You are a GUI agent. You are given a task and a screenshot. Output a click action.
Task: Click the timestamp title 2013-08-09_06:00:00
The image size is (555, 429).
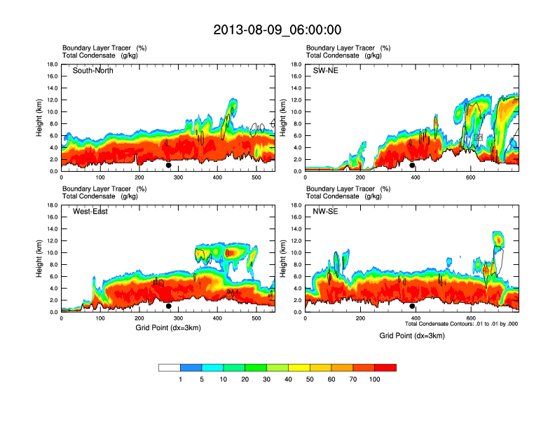point(277,29)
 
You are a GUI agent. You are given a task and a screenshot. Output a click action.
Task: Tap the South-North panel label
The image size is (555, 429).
point(93,71)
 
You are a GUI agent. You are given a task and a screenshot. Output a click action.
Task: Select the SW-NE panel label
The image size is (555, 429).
point(325,71)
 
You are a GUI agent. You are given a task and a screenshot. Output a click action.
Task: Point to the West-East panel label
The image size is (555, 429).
point(90,212)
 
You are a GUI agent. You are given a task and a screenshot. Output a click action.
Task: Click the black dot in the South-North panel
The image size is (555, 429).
point(169,165)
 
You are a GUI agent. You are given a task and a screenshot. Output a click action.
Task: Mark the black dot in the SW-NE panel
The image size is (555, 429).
point(413,165)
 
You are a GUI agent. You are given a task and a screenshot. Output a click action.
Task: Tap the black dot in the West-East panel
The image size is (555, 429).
point(169,306)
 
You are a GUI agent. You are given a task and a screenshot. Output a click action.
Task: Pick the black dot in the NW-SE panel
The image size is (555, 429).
point(413,306)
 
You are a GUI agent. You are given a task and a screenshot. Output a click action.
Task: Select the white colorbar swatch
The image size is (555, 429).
point(170,367)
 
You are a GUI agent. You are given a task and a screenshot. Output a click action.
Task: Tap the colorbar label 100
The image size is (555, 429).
point(374,379)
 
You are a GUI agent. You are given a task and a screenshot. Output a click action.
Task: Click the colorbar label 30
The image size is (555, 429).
point(266,379)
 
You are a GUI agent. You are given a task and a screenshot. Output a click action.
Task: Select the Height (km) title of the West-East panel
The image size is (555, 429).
point(41,259)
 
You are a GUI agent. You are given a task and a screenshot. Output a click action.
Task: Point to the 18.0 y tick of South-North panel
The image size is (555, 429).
point(52,64)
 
